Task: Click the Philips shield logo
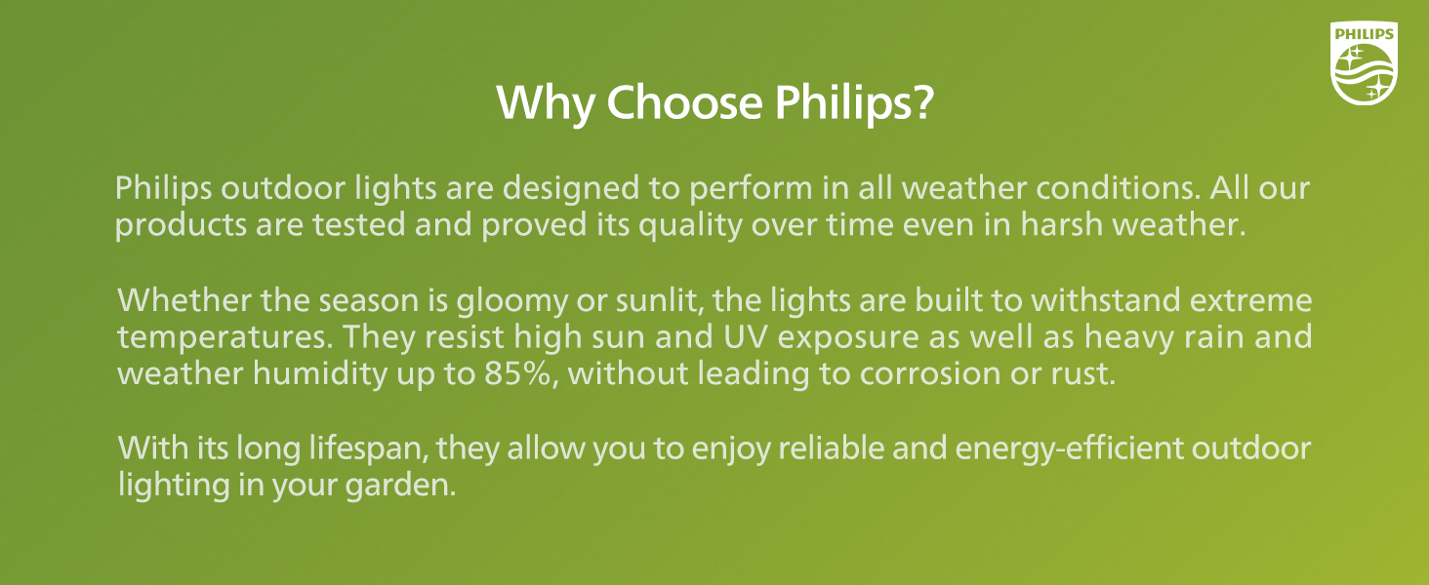(1365, 64)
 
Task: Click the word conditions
(1078, 186)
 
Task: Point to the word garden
(409, 486)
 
